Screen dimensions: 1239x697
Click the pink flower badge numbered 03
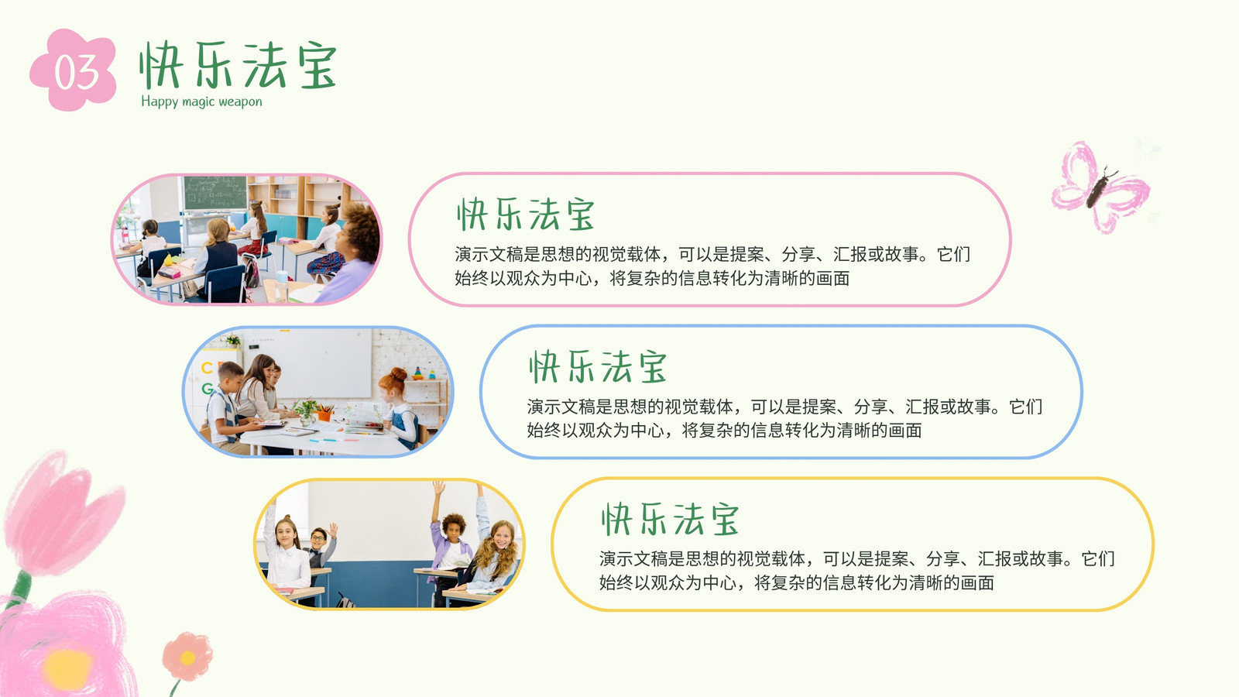[74, 70]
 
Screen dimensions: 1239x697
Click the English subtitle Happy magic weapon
[201, 101]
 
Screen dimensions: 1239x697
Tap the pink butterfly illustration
[1100, 187]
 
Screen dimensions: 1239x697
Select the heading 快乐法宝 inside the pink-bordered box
[526, 214]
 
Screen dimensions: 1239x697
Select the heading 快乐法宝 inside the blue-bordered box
[597, 367]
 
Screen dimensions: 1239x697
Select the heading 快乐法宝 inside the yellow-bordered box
[670, 520]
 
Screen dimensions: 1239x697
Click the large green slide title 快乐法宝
[238, 65]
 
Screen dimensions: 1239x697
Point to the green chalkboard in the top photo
[215, 193]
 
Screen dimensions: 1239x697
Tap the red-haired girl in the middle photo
[400, 407]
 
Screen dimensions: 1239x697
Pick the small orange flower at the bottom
[187, 657]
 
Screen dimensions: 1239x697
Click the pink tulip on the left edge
[61, 514]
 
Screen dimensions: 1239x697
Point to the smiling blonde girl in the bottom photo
[496, 558]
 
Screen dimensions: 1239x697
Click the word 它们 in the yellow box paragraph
[1098, 559]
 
